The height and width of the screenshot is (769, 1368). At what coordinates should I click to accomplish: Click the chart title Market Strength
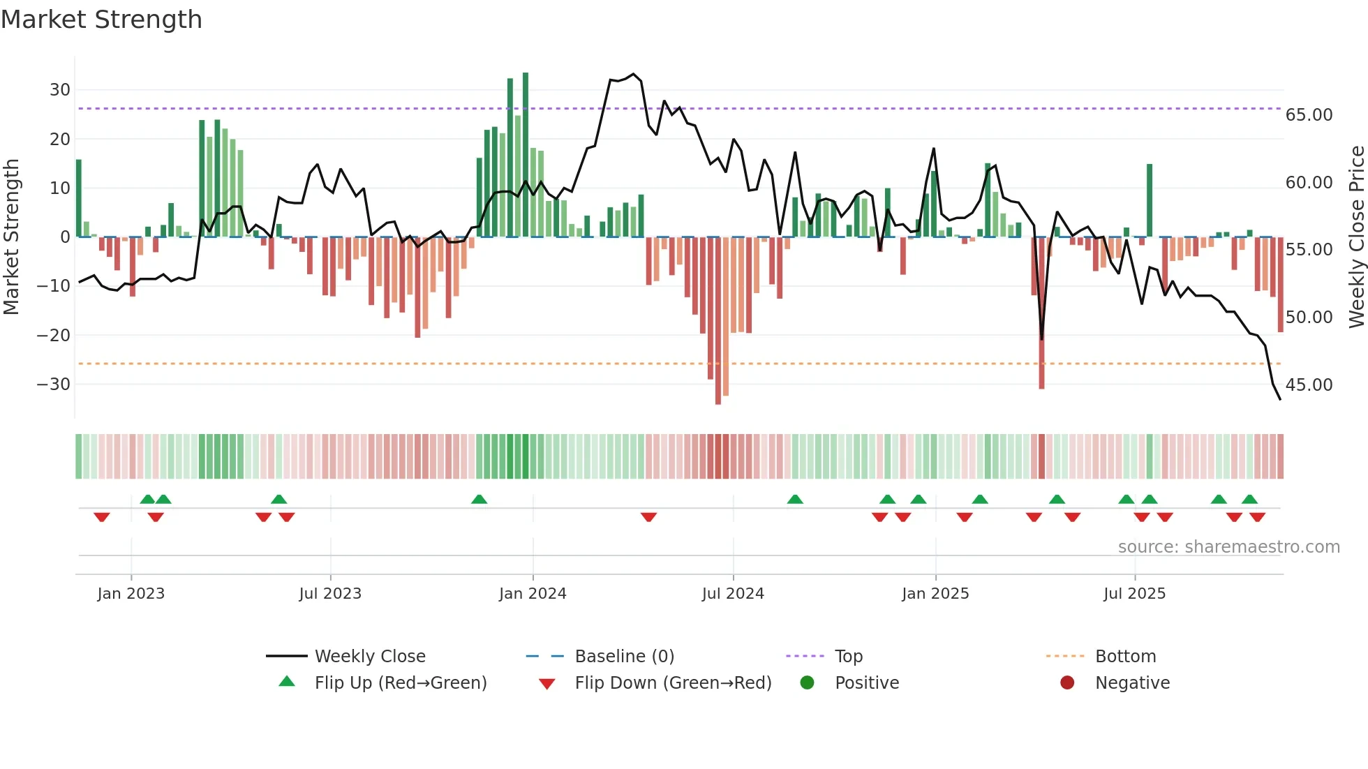coord(101,20)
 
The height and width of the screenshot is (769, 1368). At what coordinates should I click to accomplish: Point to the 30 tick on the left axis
coord(60,90)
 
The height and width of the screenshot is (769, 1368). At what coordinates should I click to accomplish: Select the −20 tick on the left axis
coord(54,336)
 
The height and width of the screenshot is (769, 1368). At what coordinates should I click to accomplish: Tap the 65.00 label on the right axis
coord(1309,115)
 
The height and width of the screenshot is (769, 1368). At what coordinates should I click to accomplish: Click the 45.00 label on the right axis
coord(1309,385)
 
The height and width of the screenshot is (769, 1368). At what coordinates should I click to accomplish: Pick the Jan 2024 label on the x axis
coord(533,594)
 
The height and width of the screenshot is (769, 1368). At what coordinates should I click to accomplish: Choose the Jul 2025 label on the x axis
coord(1134,594)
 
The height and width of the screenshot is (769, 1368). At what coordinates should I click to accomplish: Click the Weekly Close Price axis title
coord(1356,237)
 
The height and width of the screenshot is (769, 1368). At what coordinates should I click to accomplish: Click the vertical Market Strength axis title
coord(11,237)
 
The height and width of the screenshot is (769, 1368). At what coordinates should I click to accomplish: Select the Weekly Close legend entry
coord(370,657)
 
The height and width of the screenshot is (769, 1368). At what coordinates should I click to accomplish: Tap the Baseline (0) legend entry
coord(624,657)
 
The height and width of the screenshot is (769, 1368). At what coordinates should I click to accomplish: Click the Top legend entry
coord(849,657)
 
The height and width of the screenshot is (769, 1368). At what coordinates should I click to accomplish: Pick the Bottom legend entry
coord(1125,657)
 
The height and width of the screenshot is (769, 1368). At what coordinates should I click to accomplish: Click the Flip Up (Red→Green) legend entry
coord(400,683)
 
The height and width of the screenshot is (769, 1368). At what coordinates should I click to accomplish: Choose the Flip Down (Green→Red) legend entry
coord(673,683)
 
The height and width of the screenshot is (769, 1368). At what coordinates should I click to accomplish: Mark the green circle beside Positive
coord(807,683)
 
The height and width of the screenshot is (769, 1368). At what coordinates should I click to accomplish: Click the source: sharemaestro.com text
coord(1228,547)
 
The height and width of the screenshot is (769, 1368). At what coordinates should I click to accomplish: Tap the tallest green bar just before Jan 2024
coord(526,154)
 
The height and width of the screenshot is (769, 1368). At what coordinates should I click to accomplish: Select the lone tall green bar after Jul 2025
coord(1149,201)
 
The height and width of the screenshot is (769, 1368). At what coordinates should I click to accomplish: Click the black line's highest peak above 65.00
coord(634,74)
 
